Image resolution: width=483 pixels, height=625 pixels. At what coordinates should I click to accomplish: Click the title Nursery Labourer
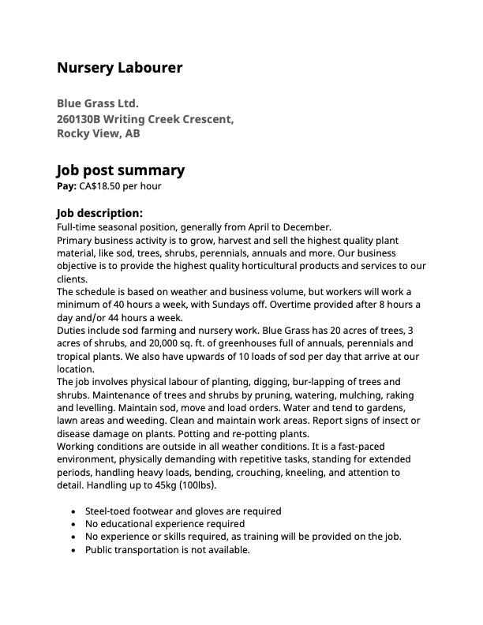click(x=119, y=68)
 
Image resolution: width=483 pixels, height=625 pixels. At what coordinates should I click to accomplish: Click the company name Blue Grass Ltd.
click(x=97, y=103)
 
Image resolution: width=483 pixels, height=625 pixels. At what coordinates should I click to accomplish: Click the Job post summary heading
click(x=120, y=170)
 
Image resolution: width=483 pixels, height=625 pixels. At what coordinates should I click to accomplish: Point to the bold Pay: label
click(x=66, y=186)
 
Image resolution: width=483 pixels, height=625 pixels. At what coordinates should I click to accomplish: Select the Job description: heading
click(x=99, y=213)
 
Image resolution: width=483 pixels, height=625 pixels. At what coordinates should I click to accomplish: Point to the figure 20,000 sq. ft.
click(x=137, y=343)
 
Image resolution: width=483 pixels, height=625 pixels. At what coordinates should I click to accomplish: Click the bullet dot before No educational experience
click(x=73, y=524)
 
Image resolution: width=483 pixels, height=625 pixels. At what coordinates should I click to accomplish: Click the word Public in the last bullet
click(x=100, y=550)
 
